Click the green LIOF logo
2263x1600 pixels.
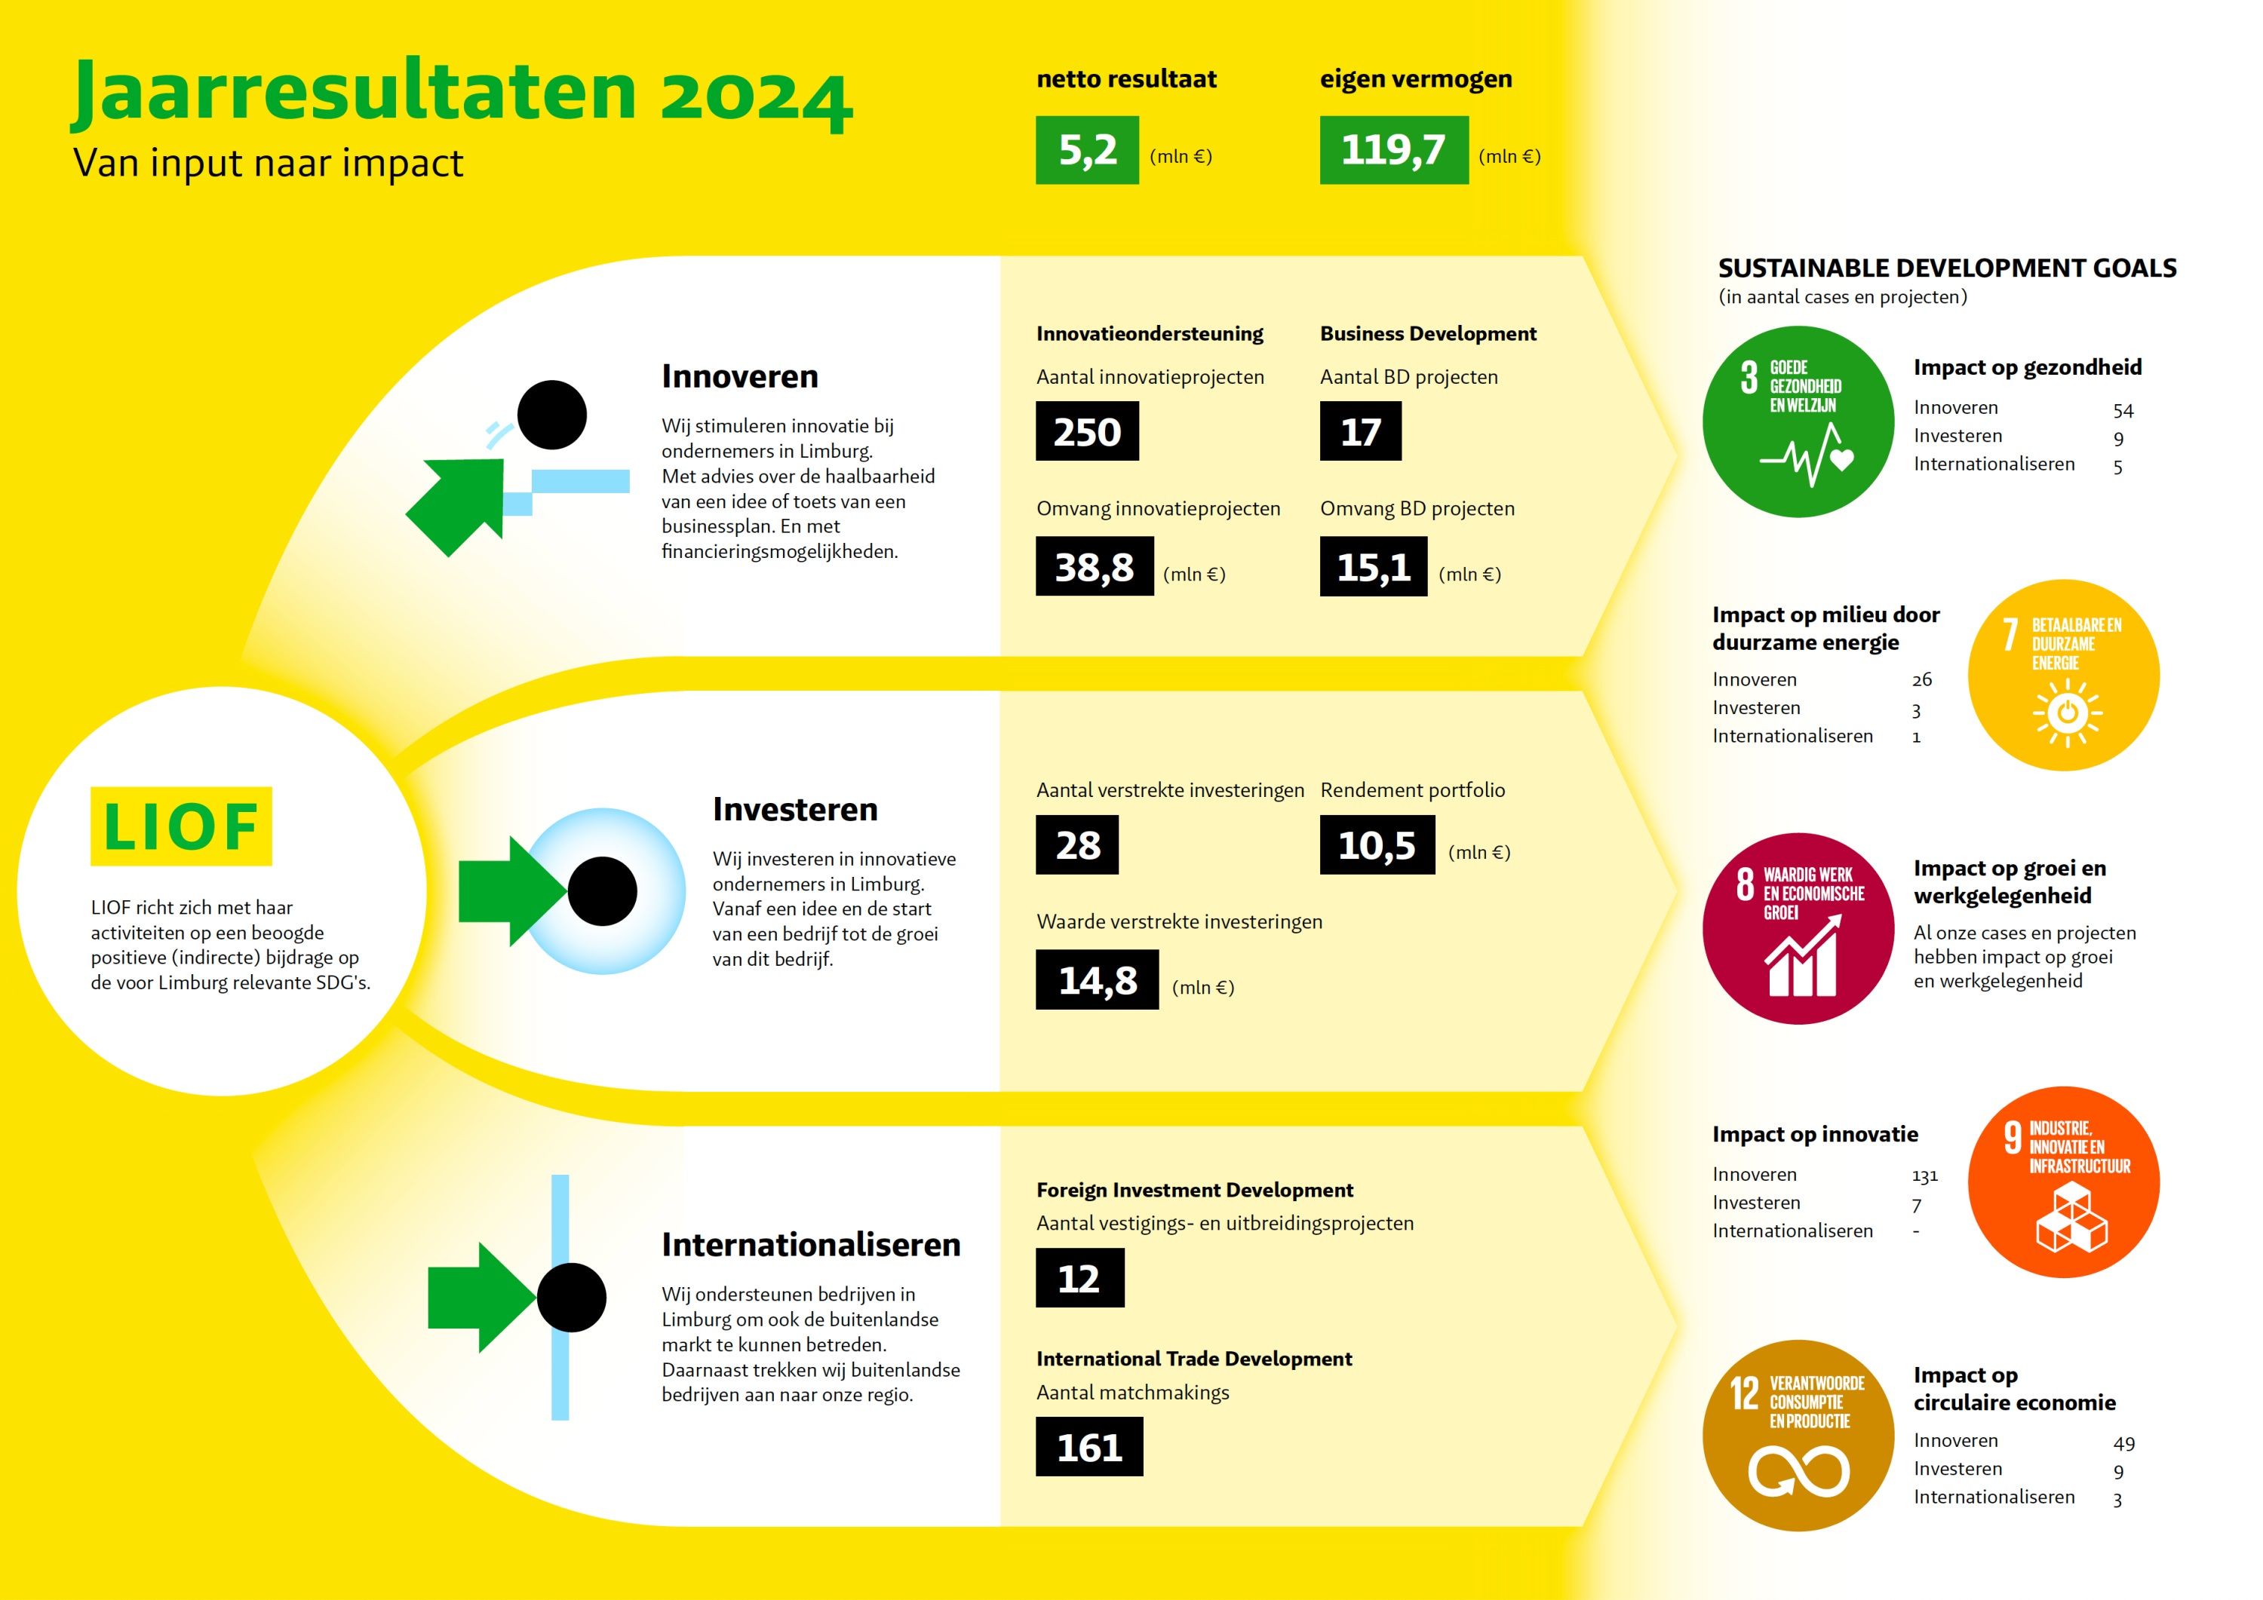(x=181, y=826)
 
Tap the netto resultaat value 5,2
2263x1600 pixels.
(x=1087, y=151)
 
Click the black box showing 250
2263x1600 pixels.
(x=1087, y=431)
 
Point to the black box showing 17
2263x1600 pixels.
(x=1360, y=431)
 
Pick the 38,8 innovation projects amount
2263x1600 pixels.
(x=1094, y=566)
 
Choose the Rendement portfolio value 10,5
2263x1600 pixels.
(x=1377, y=845)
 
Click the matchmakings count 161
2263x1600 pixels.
(x=1089, y=1447)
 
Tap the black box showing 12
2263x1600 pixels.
(x=1079, y=1278)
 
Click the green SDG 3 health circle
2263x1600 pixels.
(x=1798, y=421)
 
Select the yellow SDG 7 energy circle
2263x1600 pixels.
(x=2063, y=675)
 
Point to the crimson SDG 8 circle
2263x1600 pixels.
(x=1798, y=928)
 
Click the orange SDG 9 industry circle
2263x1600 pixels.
(x=2063, y=1182)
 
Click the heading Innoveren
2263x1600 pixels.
(x=739, y=376)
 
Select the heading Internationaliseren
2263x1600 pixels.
(x=810, y=1244)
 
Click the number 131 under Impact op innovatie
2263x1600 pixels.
(x=1924, y=1175)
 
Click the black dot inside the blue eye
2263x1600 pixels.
(x=602, y=890)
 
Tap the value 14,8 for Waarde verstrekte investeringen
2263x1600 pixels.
(x=1097, y=980)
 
